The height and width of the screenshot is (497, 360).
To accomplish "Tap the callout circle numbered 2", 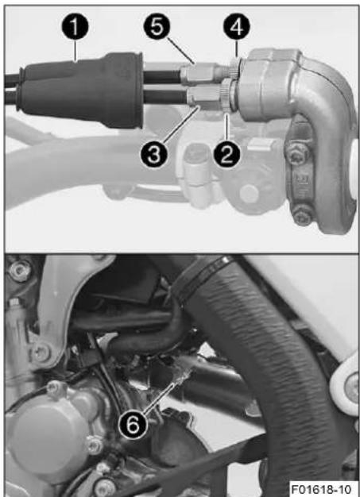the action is click(226, 154).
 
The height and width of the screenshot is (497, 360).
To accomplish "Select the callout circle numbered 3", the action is click(154, 154).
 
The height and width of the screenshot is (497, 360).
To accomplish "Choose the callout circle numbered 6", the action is click(133, 425).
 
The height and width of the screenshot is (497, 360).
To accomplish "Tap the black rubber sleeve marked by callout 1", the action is click(81, 91).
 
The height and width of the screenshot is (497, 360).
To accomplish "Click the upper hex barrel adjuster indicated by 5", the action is click(199, 73).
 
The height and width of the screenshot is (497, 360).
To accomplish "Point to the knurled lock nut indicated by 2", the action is click(228, 95).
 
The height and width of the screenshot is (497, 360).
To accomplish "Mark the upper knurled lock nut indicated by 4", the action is click(235, 69).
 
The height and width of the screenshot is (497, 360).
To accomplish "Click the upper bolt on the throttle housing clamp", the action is click(297, 154).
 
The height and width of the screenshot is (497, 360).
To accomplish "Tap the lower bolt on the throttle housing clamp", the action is click(302, 214).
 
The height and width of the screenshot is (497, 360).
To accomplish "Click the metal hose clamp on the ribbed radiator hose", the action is click(203, 277).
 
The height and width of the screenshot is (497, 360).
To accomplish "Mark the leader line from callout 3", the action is click(181, 125).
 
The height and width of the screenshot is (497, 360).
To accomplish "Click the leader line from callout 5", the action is click(180, 51).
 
